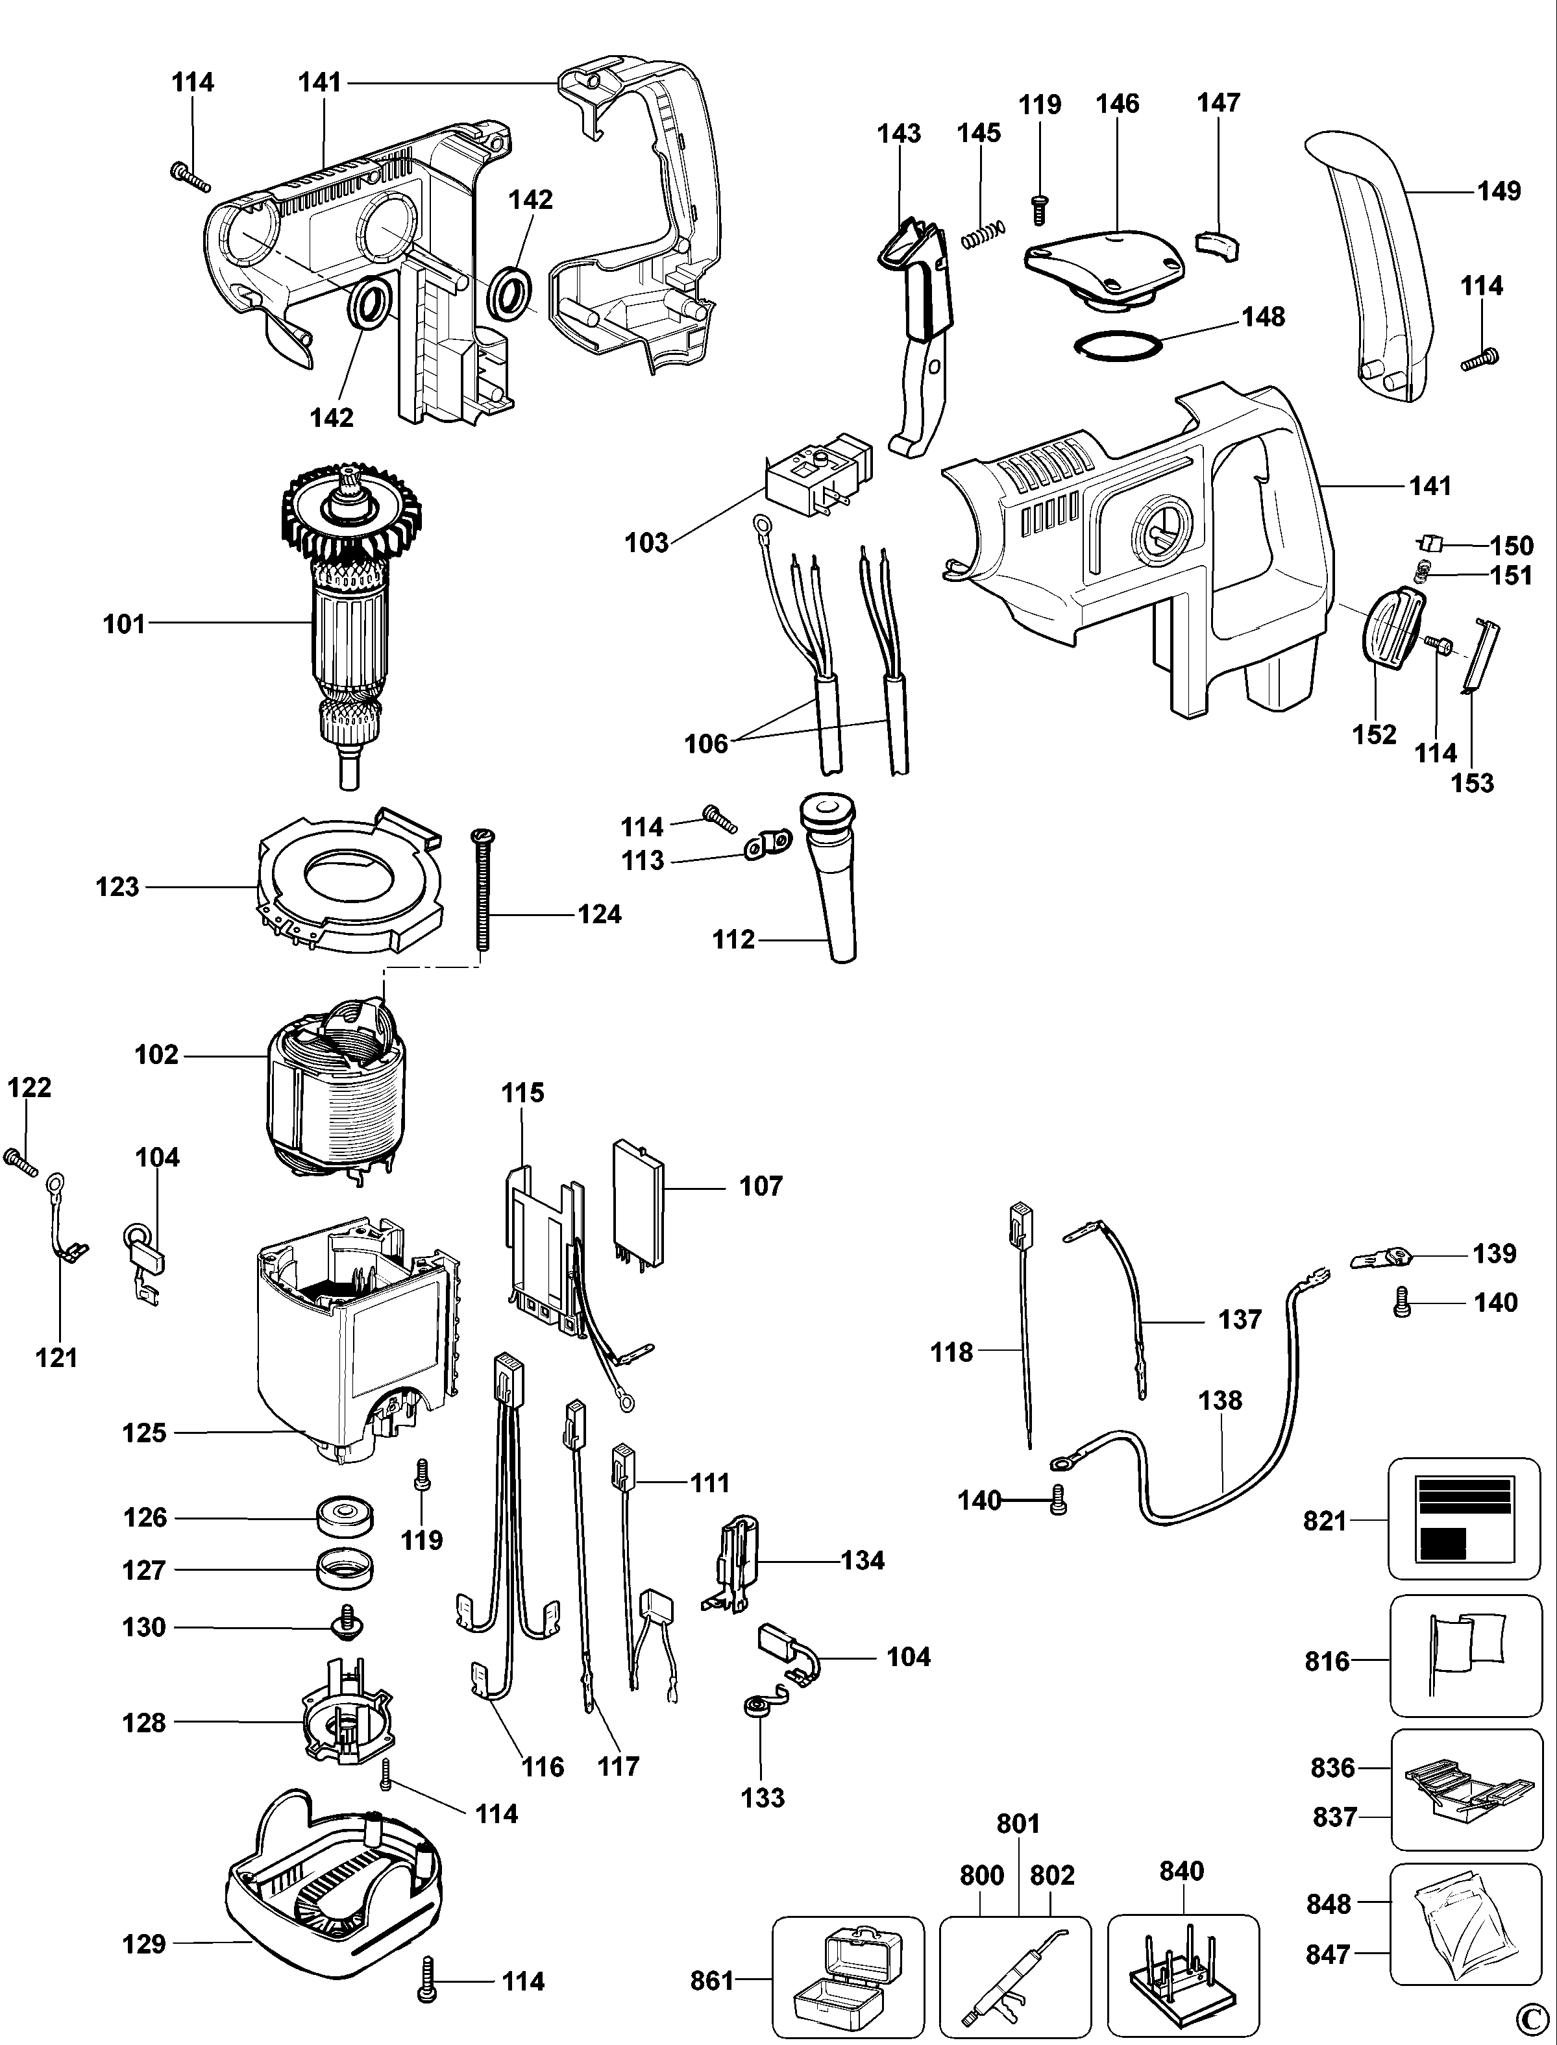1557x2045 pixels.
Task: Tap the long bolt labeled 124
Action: (481, 889)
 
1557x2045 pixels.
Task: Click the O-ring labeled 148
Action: (1118, 346)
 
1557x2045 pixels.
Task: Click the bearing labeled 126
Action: (344, 1517)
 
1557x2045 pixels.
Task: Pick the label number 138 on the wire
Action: (1220, 1400)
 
